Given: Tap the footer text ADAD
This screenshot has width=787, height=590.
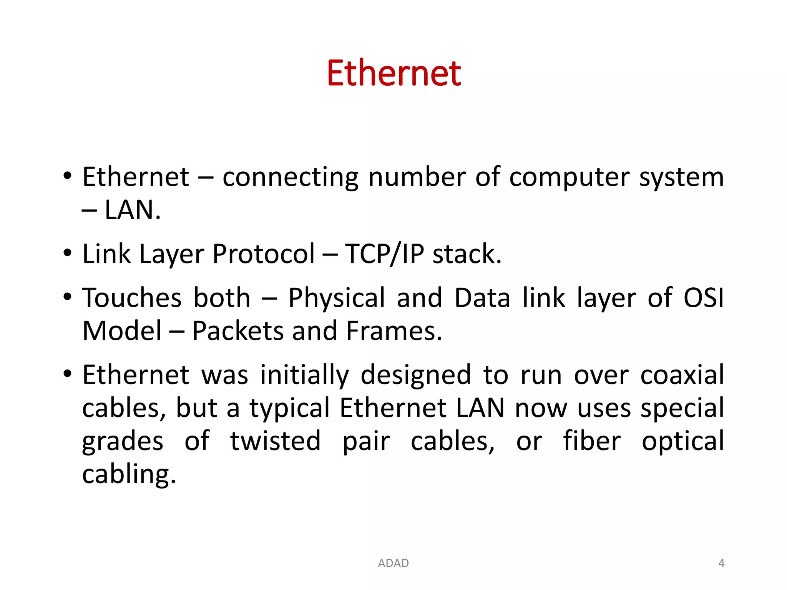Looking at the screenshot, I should click(x=393, y=563).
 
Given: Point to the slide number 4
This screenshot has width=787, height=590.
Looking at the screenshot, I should click(x=721, y=563).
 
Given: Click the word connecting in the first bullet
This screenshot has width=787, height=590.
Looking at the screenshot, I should click(x=290, y=177).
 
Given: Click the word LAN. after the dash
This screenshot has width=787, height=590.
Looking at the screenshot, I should click(x=133, y=210).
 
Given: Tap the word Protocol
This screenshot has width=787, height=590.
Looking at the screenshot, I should click(x=264, y=254).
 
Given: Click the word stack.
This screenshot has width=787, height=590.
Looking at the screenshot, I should click(x=467, y=254).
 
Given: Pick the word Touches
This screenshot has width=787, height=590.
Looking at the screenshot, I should click(x=132, y=298).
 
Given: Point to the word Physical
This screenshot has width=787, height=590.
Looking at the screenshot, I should click(x=336, y=298).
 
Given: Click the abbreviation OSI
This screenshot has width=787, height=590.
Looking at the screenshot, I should click(x=704, y=298).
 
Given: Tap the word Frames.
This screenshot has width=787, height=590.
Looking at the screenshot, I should click(x=394, y=331).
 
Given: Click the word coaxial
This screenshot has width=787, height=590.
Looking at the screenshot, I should click(x=682, y=375).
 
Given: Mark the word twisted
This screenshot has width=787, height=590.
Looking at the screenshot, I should click(x=275, y=441).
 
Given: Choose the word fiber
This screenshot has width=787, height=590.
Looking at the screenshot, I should click(x=592, y=441).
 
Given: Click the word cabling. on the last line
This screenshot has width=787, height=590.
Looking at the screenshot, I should click(x=129, y=474).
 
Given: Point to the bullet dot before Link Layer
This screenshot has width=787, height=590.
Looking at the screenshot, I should click(x=68, y=254).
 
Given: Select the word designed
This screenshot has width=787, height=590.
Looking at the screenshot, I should click(x=416, y=375).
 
